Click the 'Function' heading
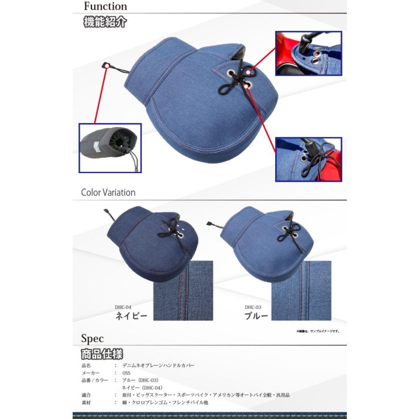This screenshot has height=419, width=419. pyautogui.click(x=105, y=7)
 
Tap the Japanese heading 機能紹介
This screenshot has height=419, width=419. pyautogui.click(x=105, y=22)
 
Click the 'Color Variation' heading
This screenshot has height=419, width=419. pyautogui.click(x=108, y=192)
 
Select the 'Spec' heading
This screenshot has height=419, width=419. pyautogui.click(x=92, y=338)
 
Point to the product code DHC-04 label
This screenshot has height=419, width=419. pyautogui.click(x=123, y=307)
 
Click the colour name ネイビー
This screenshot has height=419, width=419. pyautogui.click(x=131, y=316)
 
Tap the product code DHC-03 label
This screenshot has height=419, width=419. pyautogui.click(x=253, y=307)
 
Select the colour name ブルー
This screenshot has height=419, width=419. pyautogui.click(x=257, y=316)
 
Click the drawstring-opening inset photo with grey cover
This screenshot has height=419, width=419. pyautogui.click(x=110, y=148)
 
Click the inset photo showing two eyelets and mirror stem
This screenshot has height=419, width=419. pyautogui.click(x=308, y=54)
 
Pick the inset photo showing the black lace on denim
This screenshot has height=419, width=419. pyautogui.click(x=308, y=159)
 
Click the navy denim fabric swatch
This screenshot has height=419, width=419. pyautogui.click(x=183, y=291)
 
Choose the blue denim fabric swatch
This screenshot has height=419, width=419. pyautogui.click(x=301, y=291)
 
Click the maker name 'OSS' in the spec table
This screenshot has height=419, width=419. pyautogui.click(x=126, y=373)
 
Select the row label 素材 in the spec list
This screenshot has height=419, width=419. pyautogui.click(x=86, y=402)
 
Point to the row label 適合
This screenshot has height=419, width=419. pyautogui.click(x=86, y=395)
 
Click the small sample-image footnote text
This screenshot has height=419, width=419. pyautogui.click(x=318, y=331)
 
